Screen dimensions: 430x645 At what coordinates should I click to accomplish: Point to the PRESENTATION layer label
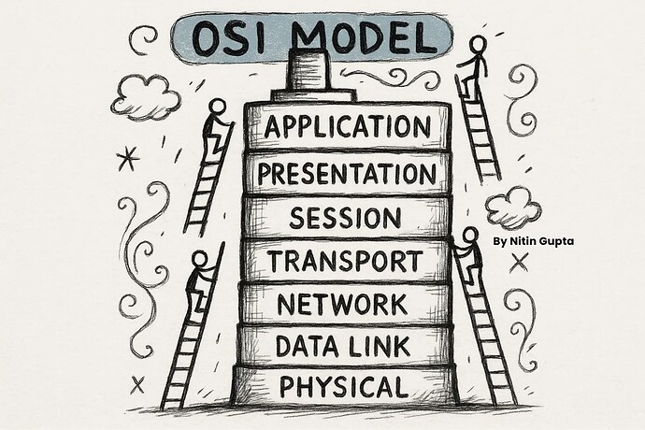pos(347,174)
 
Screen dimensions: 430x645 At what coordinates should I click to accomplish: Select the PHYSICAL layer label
pos(344,385)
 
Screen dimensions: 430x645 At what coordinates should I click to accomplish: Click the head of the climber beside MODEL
pos(478,43)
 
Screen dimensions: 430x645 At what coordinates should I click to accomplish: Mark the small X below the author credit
pos(520,264)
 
